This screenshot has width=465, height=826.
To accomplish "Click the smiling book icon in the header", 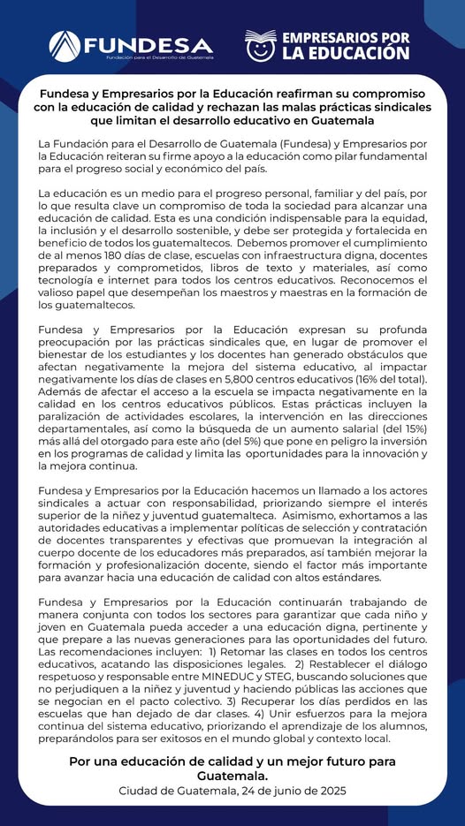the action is pos(262,44).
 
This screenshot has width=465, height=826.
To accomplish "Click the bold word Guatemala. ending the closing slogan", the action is pos(232,775).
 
